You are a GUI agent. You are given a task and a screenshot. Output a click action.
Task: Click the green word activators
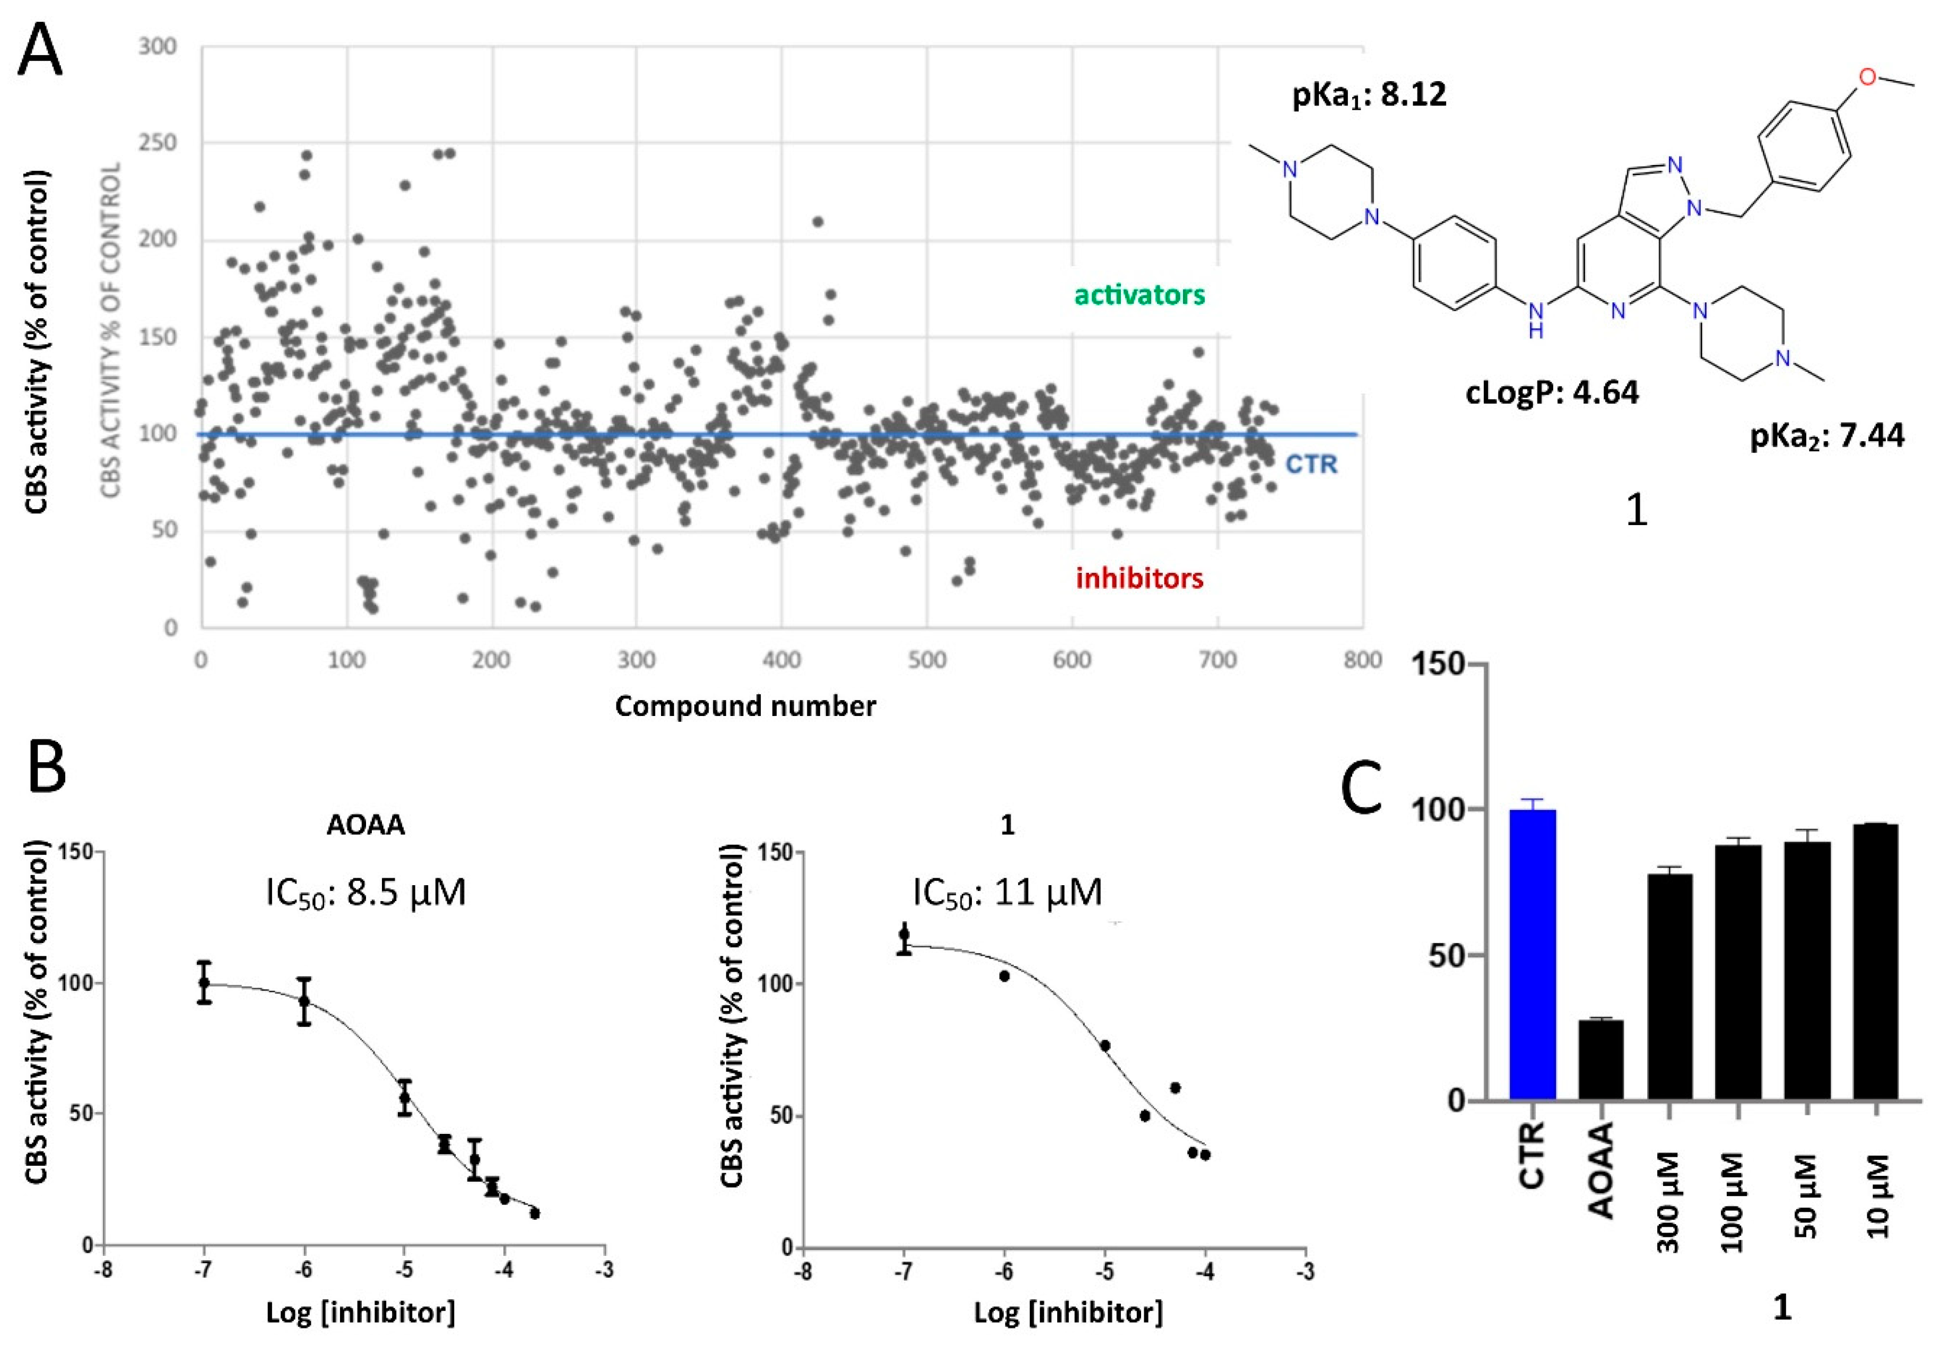1139,294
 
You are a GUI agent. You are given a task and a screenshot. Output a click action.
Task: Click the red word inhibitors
1139,578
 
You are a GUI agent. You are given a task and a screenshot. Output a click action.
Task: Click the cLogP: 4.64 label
1552,392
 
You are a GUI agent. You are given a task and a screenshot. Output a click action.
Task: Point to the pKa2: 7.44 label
1827,435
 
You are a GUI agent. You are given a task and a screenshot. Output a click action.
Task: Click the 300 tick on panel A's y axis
158,46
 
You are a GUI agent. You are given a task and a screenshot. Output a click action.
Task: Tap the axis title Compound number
745,705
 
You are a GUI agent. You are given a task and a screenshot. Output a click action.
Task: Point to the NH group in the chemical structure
1535,321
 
